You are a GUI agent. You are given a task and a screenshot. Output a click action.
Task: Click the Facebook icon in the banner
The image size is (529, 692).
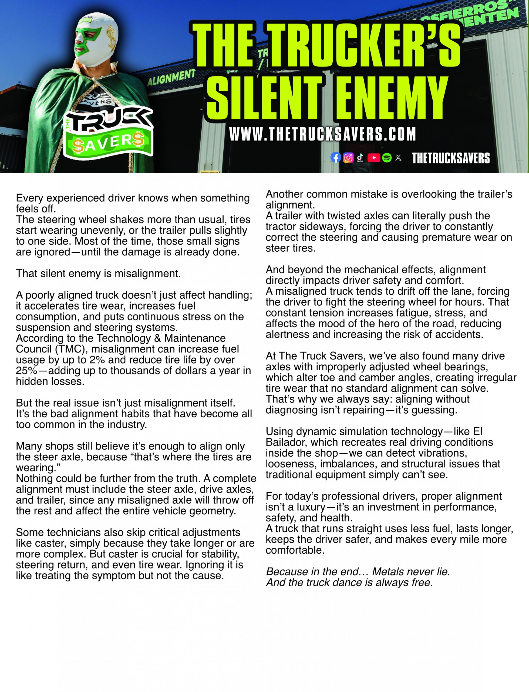click(336, 158)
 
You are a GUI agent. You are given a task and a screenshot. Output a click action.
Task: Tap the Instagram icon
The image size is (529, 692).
click(348, 158)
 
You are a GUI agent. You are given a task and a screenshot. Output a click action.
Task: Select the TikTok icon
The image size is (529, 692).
click(360, 157)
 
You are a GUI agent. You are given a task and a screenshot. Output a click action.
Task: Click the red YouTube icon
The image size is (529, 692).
click(374, 158)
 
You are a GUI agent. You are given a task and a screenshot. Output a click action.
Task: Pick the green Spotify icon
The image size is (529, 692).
click(387, 158)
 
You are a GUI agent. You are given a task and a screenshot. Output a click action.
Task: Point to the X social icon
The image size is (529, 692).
click(398, 158)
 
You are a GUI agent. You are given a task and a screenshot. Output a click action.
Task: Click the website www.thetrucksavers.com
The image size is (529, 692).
click(322, 135)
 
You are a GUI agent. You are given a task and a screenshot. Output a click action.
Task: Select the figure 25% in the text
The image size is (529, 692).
click(26, 371)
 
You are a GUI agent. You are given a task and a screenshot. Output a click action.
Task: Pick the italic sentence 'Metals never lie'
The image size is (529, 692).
click(411, 571)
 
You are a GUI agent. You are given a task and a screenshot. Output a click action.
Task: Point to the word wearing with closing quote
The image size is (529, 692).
click(38, 468)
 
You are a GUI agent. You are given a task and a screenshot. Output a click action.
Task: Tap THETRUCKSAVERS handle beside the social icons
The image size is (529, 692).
click(451, 158)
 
